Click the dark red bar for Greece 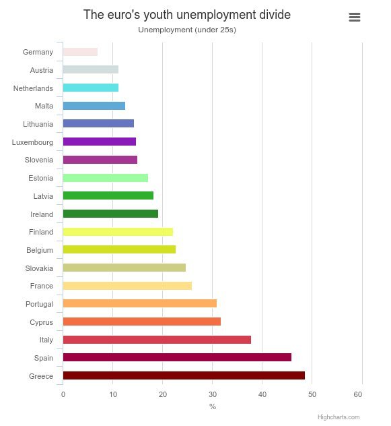(x=183, y=375)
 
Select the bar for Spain (x=176, y=357)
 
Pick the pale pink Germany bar (x=80, y=52)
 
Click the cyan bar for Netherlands (x=90, y=88)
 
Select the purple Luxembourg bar (x=99, y=142)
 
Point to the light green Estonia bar (x=105, y=178)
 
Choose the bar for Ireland (x=110, y=214)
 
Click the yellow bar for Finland (x=118, y=232)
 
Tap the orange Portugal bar (x=139, y=303)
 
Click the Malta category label (x=44, y=106)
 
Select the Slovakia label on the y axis (x=38, y=268)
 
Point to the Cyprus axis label (x=41, y=322)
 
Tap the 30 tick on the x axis (x=212, y=394)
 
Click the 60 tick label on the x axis (x=362, y=394)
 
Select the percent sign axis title (x=213, y=406)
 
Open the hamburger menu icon (x=355, y=18)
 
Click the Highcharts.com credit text (x=339, y=417)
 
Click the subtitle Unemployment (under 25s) (x=187, y=30)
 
